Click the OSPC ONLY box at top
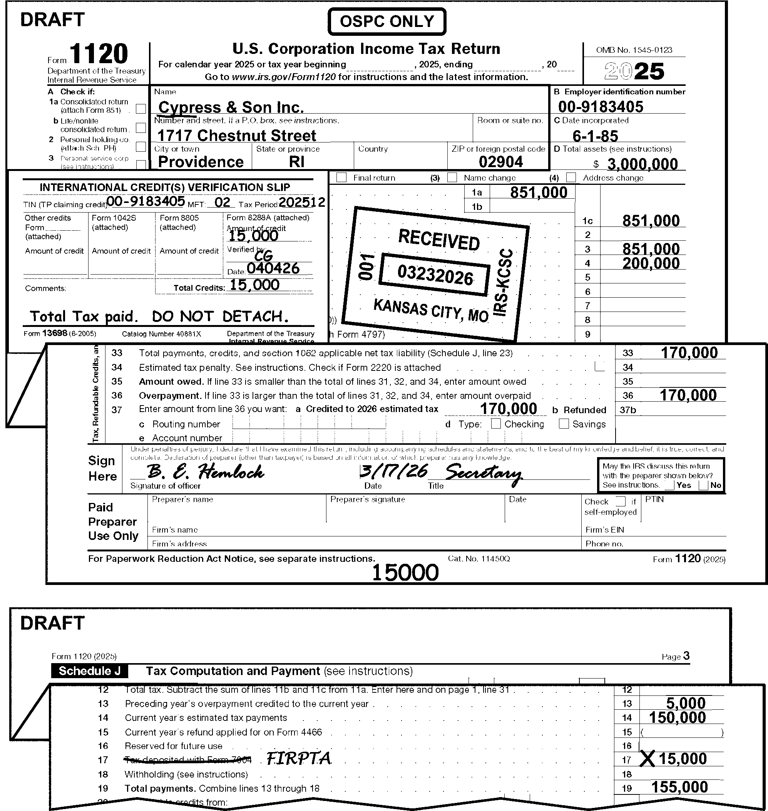coord(387,21)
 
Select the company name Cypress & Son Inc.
coord(231,107)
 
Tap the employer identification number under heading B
coord(601,107)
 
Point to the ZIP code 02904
coord(501,162)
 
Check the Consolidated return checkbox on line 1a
coord(141,109)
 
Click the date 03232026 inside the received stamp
coord(435,275)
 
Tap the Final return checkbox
coord(341,178)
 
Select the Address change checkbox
coord(571,178)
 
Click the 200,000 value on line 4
coord(651,263)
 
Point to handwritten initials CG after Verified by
coord(263,256)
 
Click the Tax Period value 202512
coord(302,202)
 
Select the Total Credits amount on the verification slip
coord(254,285)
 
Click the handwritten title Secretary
coord(484,474)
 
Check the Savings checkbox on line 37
coord(564,424)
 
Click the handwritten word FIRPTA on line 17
coord(298,759)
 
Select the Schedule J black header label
coord(89,671)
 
